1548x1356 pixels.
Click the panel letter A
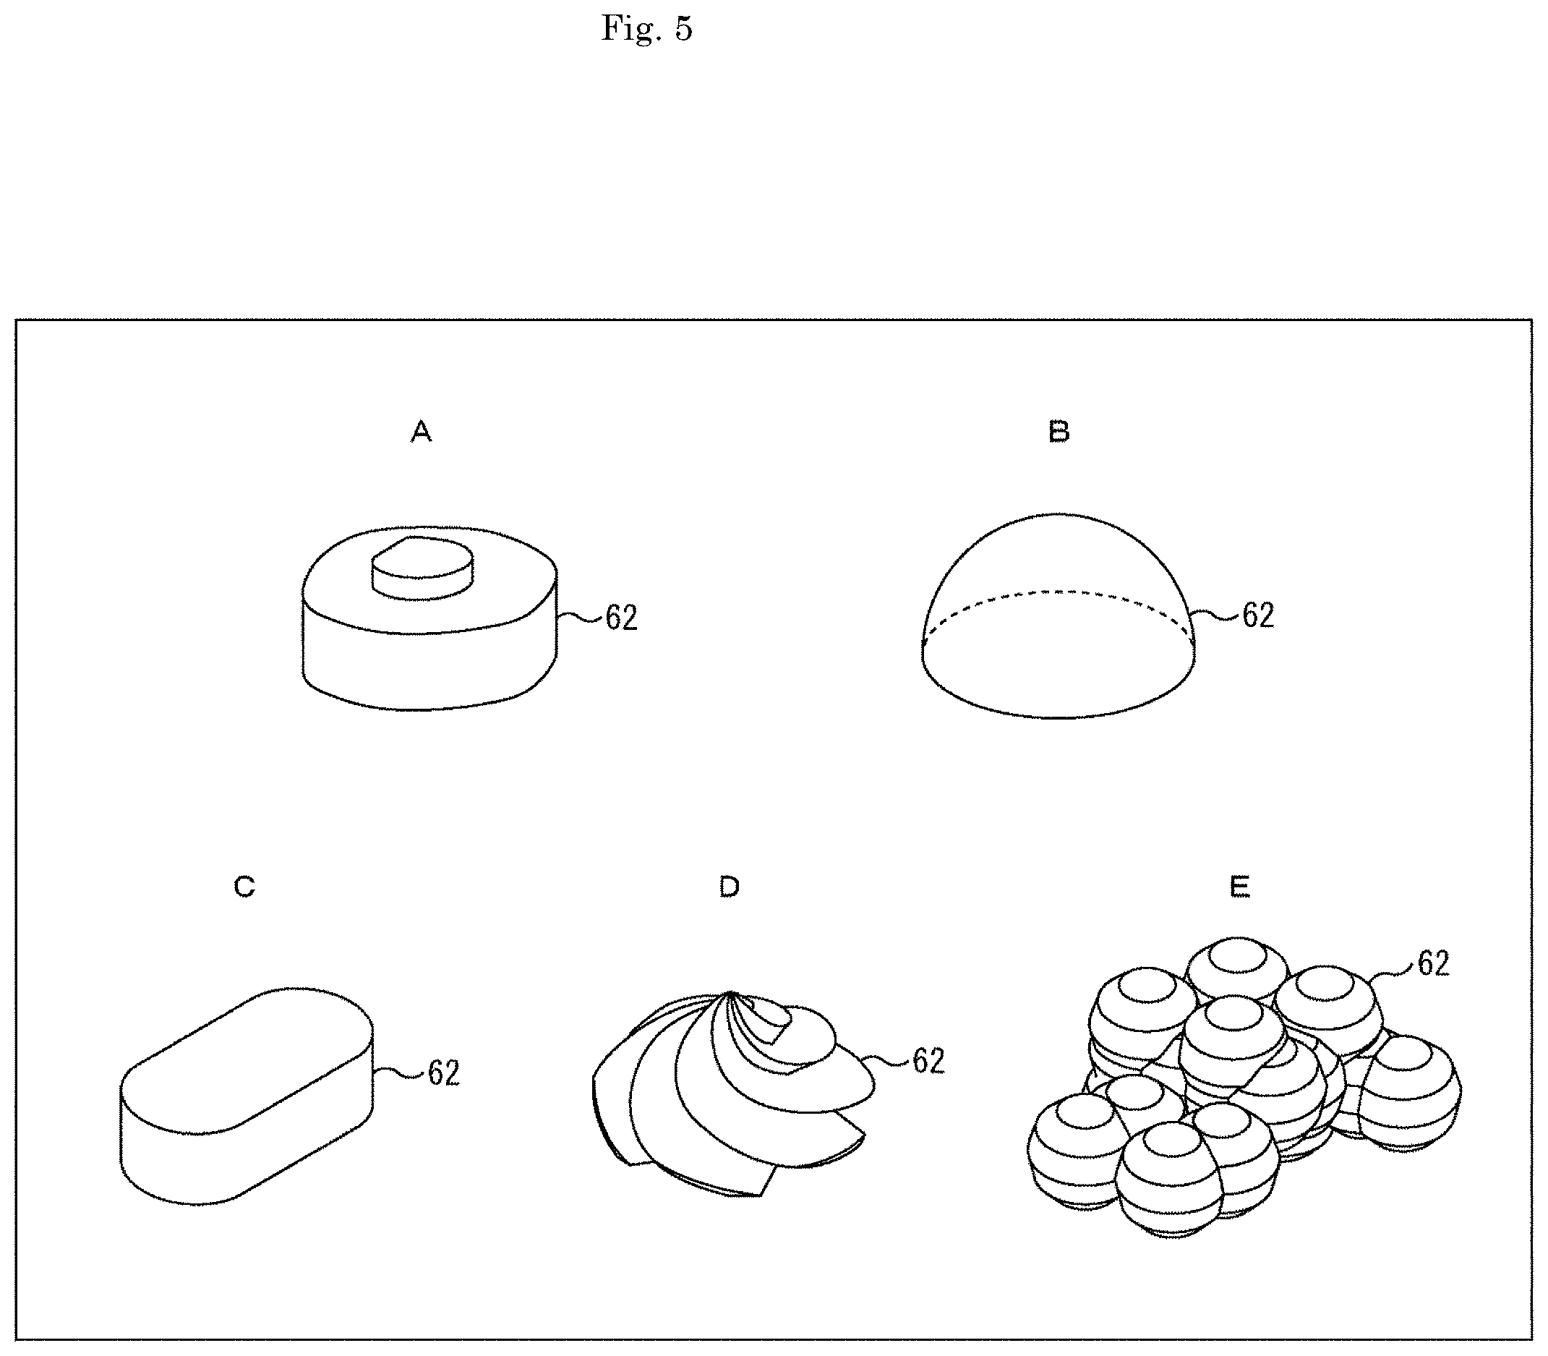(422, 431)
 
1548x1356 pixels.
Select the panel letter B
(1059, 431)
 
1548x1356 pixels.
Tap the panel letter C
(244, 886)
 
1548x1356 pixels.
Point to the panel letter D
(729, 886)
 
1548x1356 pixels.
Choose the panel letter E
(1239, 886)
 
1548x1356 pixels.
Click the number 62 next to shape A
(621, 618)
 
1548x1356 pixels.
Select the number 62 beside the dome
(1258, 615)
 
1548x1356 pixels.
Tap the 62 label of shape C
(444, 1073)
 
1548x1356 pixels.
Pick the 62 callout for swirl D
(929, 1061)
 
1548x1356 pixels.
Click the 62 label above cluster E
(1434, 963)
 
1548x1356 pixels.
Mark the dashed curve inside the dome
(1059, 605)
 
